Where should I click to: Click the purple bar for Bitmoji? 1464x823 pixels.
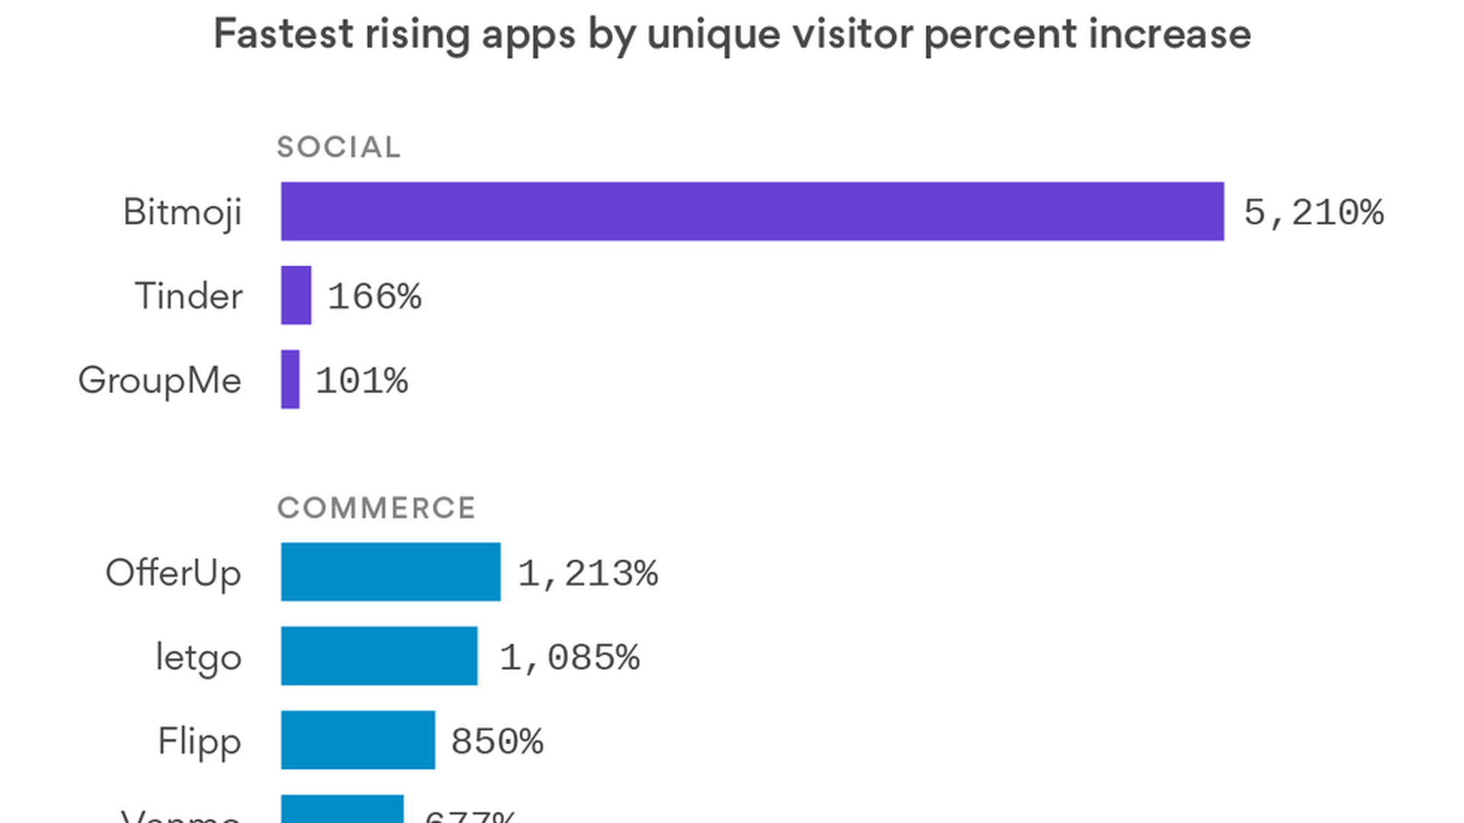click(x=752, y=211)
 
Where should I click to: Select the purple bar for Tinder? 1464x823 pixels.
click(x=296, y=295)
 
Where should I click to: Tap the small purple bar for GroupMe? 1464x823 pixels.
click(x=290, y=379)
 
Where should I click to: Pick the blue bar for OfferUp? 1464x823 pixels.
click(x=390, y=572)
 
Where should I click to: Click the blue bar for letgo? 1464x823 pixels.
click(x=379, y=656)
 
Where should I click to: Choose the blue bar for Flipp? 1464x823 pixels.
click(x=358, y=740)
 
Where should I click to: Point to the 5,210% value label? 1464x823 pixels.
click(x=1313, y=212)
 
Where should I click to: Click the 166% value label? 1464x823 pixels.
click(x=374, y=296)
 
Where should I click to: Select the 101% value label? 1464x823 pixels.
click(x=361, y=380)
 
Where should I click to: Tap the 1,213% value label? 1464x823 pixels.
click(x=587, y=573)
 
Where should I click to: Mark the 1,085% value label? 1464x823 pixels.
click(x=569, y=657)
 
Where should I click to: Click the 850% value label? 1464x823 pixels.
click(x=496, y=741)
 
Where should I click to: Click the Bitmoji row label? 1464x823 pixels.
click(x=182, y=212)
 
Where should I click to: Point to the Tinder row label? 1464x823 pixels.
click(x=188, y=296)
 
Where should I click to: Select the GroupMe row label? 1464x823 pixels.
click(x=159, y=380)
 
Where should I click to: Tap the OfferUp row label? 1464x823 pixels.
click(x=173, y=573)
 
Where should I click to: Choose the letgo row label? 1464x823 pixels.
click(x=198, y=657)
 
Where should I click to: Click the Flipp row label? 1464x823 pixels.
click(x=199, y=741)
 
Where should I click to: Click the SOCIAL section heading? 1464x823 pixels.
click(x=339, y=147)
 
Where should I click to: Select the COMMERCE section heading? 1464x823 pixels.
click(x=376, y=508)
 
